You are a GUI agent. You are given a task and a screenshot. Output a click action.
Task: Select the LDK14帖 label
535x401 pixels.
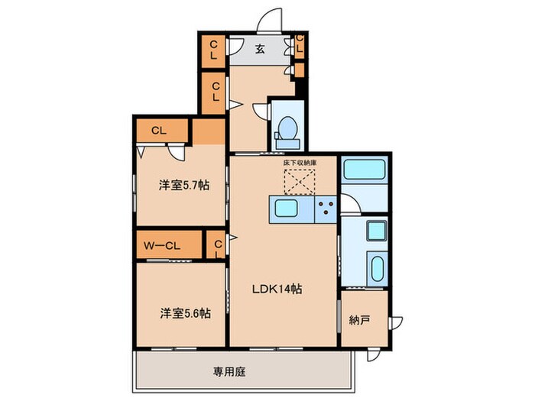[277, 289]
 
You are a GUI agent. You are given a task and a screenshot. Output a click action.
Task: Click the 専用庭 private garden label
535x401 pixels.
[229, 372]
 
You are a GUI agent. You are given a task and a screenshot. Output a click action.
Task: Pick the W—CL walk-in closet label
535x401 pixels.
[161, 245]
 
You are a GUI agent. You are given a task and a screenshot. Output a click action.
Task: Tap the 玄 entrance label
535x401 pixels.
[259, 50]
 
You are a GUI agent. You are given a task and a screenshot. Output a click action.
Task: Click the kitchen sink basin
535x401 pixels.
[287, 209]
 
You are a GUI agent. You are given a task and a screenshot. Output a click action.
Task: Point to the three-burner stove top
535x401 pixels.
[325, 209]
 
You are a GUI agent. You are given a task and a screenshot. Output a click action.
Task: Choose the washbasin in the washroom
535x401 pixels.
[374, 231]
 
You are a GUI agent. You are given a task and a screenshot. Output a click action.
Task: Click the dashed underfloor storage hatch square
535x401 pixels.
[300, 183]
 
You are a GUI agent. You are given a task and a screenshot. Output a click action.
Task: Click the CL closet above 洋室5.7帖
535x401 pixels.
[159, 130]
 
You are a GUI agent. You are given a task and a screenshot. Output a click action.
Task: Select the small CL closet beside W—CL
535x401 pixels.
[217, 246]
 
